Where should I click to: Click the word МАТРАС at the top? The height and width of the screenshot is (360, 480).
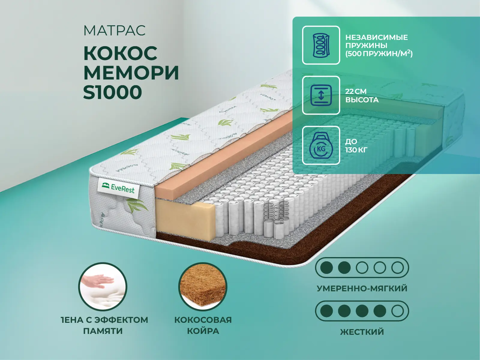114,30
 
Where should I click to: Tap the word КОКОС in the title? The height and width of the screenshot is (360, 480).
120,53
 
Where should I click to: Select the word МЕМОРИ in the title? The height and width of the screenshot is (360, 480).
131,73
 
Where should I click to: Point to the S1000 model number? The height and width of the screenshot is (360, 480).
112,92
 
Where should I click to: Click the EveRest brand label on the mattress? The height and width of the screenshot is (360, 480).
118,188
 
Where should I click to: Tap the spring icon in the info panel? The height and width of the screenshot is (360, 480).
321,45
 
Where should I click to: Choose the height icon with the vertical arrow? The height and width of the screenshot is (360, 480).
321,95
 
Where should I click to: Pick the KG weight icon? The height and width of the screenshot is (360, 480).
321,145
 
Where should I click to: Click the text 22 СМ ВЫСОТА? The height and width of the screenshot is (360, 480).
362,95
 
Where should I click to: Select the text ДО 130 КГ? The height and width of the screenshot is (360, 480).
356,145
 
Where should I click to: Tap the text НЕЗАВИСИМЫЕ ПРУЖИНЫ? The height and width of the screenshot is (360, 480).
376,41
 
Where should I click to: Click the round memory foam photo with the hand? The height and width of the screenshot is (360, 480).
103,286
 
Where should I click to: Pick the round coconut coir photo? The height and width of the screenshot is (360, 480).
203,286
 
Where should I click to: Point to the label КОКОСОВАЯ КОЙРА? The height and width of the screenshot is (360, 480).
203,325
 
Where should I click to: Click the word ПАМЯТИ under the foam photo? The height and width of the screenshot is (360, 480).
103,331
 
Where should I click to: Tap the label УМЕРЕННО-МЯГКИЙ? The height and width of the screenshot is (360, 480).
362,289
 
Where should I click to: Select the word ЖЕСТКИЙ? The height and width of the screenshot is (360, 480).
362,332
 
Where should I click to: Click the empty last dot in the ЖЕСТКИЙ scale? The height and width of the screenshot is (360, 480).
397,311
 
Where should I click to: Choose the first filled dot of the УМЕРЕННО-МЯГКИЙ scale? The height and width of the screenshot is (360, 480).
326,268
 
